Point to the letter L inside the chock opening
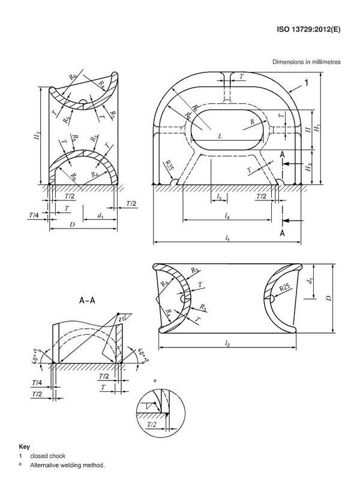click(x=220, y=137)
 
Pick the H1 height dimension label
click(x=319, y=127)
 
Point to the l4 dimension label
click(x=227, y=214)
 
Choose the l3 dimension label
click(x=220, y=197)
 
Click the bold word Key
click(x=25, y=447)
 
